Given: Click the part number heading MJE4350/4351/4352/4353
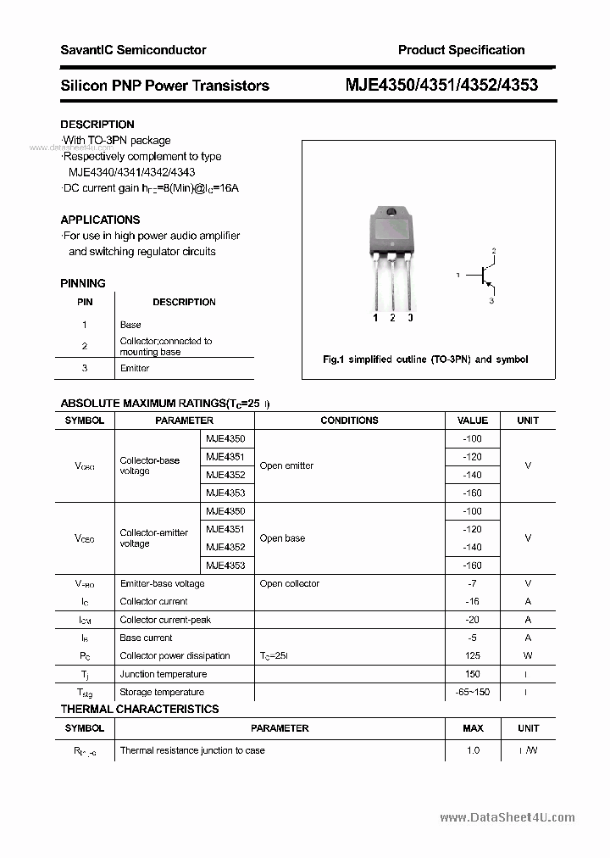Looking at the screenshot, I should pyautogui.click(x=441, y=85).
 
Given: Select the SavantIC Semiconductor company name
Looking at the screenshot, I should pyautogui.click(x=133, y=50).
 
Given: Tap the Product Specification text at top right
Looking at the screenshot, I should pyautogui.click(x=461, y=50).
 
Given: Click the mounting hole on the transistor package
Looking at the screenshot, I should pyautogui.click(x=391, y=213).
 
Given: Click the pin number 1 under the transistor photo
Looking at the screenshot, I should pyautogui.click(x=375, y=318).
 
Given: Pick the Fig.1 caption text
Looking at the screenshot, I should pyautogui.click(x=425, y=359).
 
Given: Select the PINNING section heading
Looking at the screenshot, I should pyautogui.click(x=83, y=283).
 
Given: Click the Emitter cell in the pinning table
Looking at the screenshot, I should pyautogui.click(x=135, y=368).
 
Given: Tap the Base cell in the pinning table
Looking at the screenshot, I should pyautogui.click(x=130, y=325).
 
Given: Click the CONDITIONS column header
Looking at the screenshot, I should pyautogui.click(x=349, y=421).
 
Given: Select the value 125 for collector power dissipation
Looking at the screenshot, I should pyautogui.click(x=473, y=655).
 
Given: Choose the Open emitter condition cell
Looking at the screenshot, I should pyautogui.click(x=286, y=465).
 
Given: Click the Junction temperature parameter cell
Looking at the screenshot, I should pyautogui.click(x=163, y=674).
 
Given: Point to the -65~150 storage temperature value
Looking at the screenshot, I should pyautogui.click(x=473, y=692).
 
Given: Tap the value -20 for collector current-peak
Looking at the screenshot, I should pyautogui.click(x=473, y=620).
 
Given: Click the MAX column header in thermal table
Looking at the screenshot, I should pyautogui.click(x=473, y=728).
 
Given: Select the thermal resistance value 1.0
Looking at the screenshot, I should pyautogui.click(x=473, y=750).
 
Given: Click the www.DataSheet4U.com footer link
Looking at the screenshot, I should pyautogui.click(x=507, y=817).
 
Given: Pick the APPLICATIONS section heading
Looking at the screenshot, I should pyautogui.click(x=100, y=220).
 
